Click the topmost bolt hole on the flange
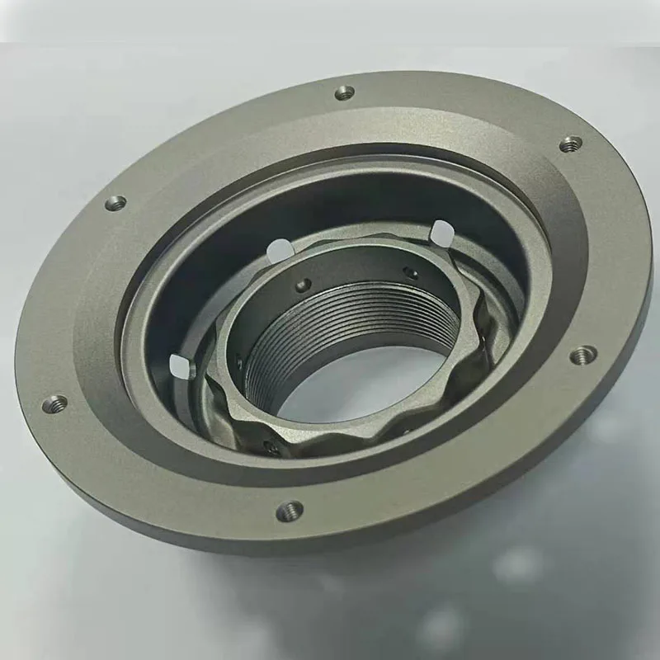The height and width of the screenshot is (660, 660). pos(345,92)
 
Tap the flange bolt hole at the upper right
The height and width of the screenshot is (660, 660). pos(570,144)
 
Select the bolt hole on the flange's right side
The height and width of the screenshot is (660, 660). pos(583,356)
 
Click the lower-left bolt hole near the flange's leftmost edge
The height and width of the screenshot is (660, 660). pos(55,403)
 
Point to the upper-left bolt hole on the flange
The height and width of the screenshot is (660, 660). pos(115,202)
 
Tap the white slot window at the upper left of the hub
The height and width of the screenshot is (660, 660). pos(280,247)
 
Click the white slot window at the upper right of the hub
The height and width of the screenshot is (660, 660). pos(441,233)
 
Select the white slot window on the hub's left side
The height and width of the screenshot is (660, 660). pos(178,366)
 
